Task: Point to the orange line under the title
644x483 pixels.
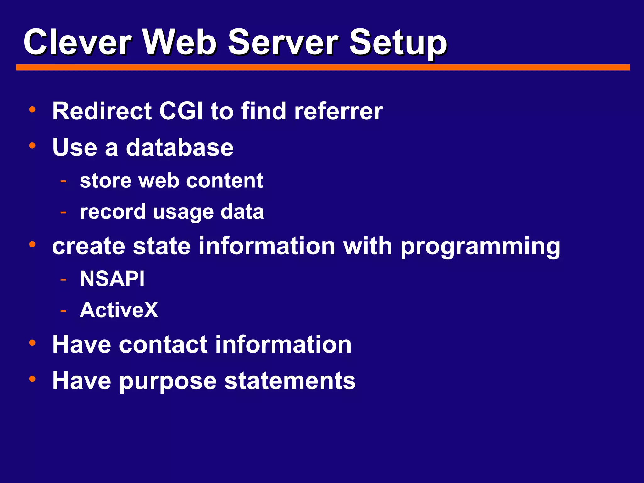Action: pyautogui.click(x=323, y=68)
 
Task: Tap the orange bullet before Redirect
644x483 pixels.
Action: pyautogui.click(x=32, y=110)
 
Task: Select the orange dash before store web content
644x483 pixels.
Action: pyautogui.click(x=64, y=181)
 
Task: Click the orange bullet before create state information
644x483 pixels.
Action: pyautogui.click(x=32, y=244)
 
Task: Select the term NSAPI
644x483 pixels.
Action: pyautogui.click(x=112, y=279)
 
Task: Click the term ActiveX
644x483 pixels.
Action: pyautogui.click(x=119, y=310)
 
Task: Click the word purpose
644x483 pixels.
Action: pyautogui.click(x=168, y=381)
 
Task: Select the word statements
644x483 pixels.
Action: pyautogui.click(x=290, y=380)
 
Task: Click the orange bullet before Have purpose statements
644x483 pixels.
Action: pyautogui.click(x=32, y=379)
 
